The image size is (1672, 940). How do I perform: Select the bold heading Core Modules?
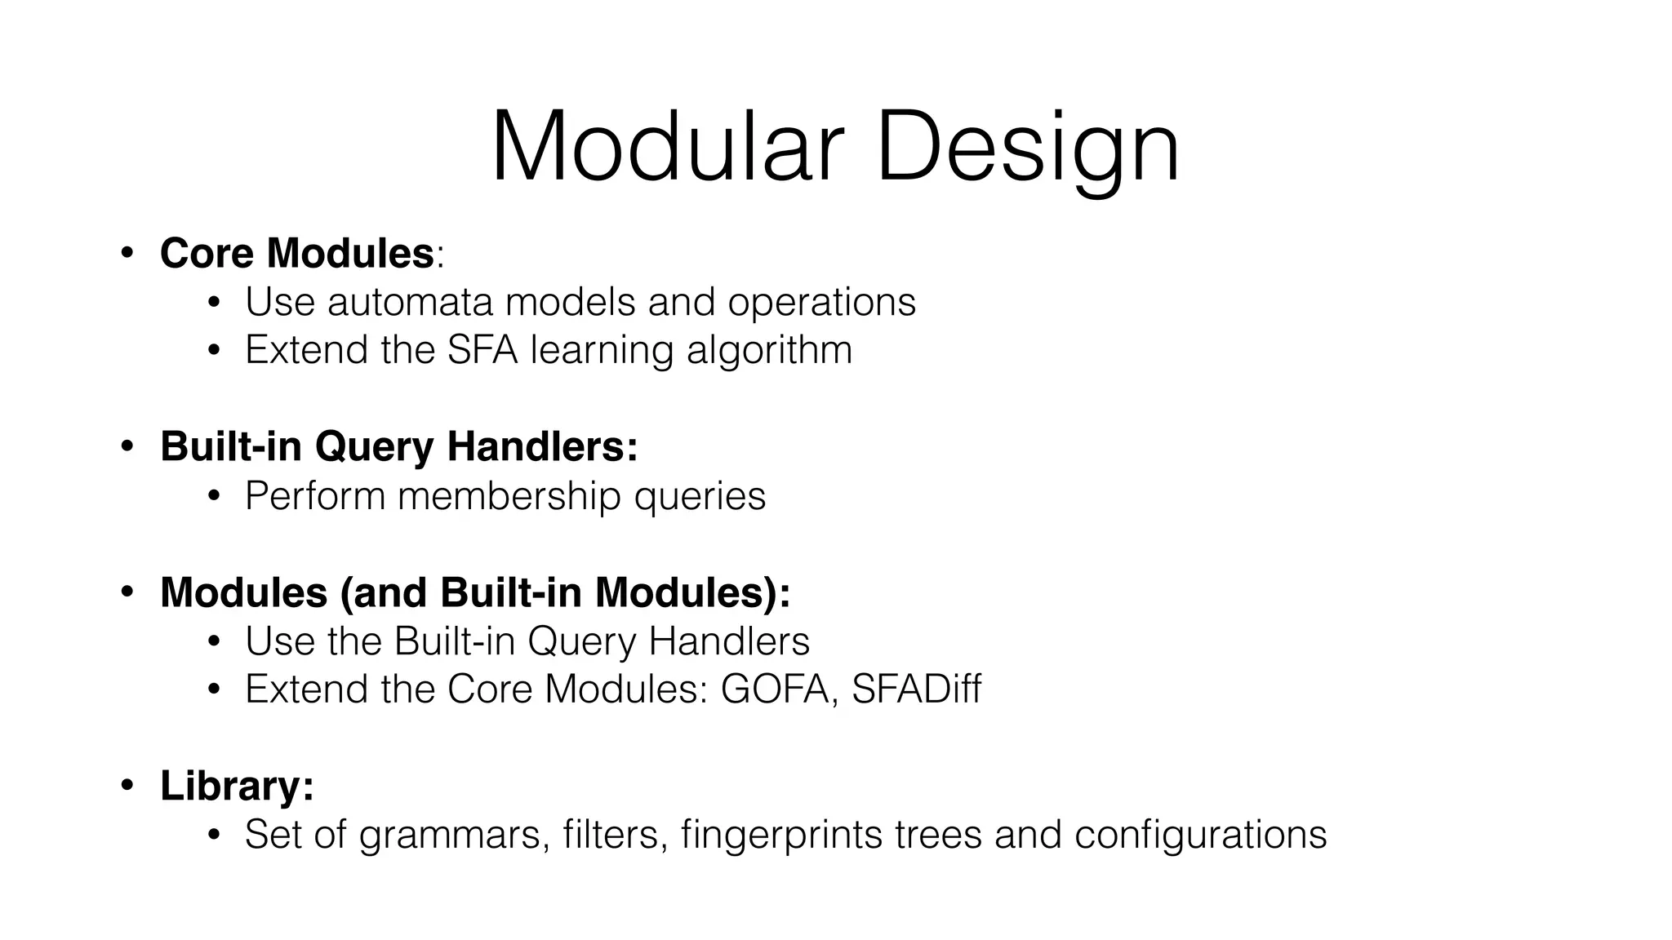point(296,253)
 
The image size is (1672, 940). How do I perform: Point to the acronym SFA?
point(482,350)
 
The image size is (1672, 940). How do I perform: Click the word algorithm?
point(769,350)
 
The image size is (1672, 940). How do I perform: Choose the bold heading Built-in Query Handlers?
point(398,446)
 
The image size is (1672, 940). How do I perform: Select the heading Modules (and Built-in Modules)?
point(474,592)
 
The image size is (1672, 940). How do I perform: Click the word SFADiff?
point(916,689)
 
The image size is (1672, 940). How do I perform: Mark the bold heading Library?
point(236,786)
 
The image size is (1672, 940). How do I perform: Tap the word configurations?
point(1200,835)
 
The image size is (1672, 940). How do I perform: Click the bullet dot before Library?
point(127,786)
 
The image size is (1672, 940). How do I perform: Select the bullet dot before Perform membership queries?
point(214,496)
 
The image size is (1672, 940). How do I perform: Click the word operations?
point(821,302)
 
